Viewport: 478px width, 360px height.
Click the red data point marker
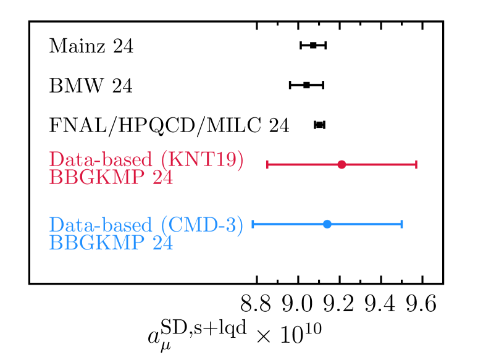[342, 164]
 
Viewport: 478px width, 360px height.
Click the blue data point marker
[327, 224]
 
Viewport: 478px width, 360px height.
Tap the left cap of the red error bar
[267, 164]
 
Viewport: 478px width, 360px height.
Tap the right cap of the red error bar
[416, 164]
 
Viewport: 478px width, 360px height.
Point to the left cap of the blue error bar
[253, 224]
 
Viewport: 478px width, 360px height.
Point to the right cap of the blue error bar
[402, 224]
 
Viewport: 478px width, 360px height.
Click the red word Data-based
[101, 159]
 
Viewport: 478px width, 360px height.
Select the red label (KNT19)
[202, 159]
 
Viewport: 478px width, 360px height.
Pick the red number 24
[163, 178]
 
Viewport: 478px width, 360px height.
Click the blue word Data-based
[101, 225]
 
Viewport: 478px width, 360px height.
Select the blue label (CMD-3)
[202, 225]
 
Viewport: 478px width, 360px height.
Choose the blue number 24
[163, 243]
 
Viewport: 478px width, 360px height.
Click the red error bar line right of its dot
[379, 164]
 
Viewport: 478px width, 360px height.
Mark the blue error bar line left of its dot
[290, 224]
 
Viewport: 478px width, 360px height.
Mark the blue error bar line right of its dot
[365, 224]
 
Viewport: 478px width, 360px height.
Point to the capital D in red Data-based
[56, 159]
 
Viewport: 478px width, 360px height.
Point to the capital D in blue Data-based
[56, 225]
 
